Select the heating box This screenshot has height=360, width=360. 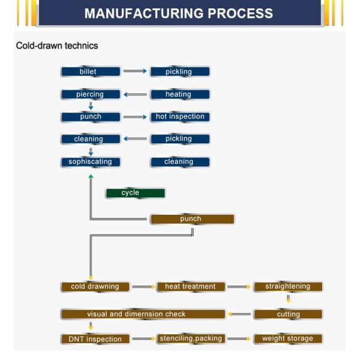tap(179, 94)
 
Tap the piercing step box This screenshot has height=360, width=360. tap(91, 94)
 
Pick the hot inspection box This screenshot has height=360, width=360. tap(179, 116)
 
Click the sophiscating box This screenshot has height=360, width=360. tap(91, 161)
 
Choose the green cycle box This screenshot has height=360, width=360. tap(135, 193)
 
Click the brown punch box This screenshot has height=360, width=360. tap(191, 219)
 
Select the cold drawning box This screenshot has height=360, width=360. tap(95, 287)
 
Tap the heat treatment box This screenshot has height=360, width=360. tap(191, 287)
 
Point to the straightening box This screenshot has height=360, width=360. tap(288, 287)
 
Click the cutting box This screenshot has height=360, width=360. tap(288, 314)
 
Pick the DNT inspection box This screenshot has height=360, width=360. tap(95, 339)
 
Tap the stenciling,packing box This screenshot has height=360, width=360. tap(191, 339)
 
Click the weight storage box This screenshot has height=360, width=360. tap(288, 339)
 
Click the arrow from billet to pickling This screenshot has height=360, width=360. tap(135, 71)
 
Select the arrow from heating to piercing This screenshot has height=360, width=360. tap(135, 94)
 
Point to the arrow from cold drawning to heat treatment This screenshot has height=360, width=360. tap(143, 287)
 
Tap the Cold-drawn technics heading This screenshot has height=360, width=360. tap(57, 46)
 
